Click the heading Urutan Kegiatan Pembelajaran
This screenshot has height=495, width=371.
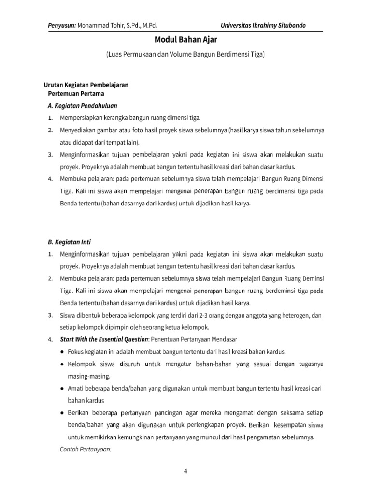(x=86, y=84)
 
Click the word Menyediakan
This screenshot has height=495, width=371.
(x=79, y=131)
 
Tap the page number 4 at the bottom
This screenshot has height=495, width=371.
(x=185, y=473)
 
